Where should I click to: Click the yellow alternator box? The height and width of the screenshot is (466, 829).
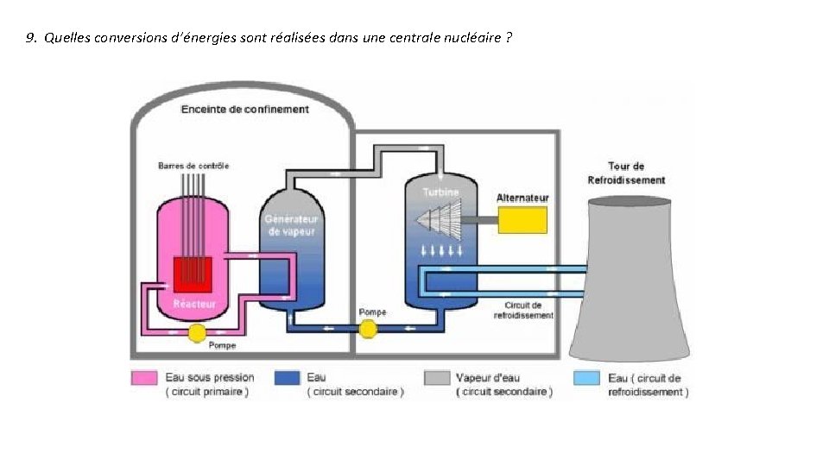(522, 220)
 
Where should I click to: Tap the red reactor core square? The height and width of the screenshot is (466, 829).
(193, 274)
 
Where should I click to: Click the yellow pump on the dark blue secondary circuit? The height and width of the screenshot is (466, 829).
(369, 328)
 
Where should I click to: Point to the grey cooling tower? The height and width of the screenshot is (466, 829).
(630, 285)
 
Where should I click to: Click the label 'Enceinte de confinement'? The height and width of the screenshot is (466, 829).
(244, 110)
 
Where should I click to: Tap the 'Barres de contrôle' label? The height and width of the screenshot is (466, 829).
(193, 166)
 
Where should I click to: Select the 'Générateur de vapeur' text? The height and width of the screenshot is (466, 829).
(290, 225)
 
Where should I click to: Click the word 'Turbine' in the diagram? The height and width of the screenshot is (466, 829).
(441, 192)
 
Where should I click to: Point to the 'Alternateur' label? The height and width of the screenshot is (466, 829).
(522, 198)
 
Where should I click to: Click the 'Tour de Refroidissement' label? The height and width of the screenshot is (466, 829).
(626, 173)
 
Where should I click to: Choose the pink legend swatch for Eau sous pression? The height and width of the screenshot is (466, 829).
(144, 378)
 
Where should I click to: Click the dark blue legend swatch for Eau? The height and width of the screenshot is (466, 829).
(286, 378)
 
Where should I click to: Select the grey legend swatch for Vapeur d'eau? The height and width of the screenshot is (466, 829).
(437, 378)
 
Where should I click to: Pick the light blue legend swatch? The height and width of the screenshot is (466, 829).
(587, 378)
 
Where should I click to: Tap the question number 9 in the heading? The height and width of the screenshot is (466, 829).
(31, 38)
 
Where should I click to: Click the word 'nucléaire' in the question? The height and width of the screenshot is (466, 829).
(474, 38)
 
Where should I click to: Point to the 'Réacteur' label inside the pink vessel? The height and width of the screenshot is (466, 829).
(193, 304)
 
